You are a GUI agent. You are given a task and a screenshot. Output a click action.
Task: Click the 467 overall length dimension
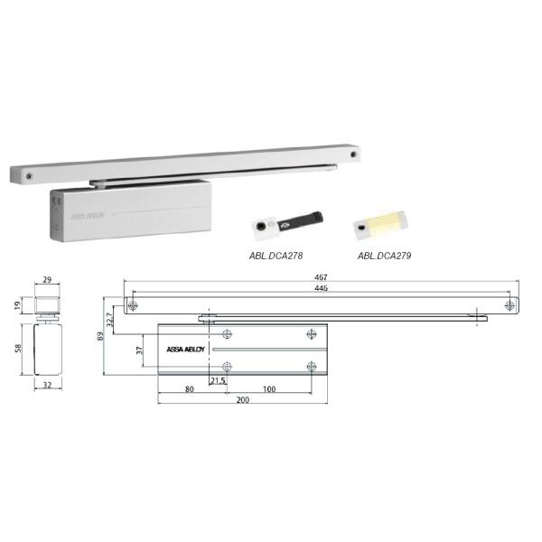click(321, 277)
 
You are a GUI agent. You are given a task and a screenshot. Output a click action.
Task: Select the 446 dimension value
click(321, 288)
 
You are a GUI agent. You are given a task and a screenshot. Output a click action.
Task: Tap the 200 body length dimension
click(243, 399)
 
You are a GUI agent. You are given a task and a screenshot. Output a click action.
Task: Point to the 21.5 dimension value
click(218, 380)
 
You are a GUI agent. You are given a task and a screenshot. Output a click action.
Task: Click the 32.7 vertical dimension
click(110, 320)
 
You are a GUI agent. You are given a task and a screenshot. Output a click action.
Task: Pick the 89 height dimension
click(100, 336)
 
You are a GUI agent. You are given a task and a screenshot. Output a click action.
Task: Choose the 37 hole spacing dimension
click(139, 350)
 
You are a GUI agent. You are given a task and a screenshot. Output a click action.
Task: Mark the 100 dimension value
click(269, 388)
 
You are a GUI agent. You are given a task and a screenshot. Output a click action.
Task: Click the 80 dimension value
click(190, 388)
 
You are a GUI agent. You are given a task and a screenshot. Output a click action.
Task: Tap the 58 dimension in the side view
click(18, 348)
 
